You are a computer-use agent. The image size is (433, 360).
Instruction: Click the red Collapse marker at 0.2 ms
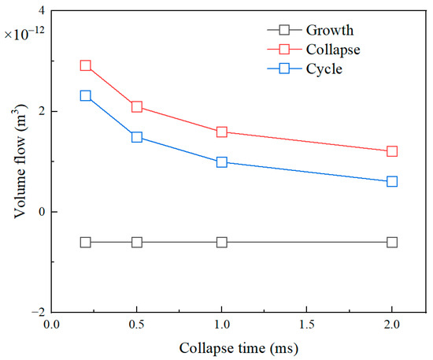click(x=85, y=65)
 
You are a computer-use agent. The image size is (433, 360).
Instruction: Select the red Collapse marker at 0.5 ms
click(x=136, y=106)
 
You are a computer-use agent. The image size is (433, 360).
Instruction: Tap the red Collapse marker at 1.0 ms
click(x=221, y=132)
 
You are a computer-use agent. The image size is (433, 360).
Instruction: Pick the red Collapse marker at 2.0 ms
click(x=391, y=151)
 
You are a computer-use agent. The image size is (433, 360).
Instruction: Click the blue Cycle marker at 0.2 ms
click(x=85, y=95)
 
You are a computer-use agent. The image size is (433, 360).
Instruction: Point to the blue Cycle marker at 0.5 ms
click(x=136, y=137)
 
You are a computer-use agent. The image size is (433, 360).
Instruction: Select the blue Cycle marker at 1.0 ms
click(x=221, y=162)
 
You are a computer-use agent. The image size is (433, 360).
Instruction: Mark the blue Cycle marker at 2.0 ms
click(x=391, y=181)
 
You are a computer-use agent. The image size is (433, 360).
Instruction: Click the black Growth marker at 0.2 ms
click(x=85, y=242)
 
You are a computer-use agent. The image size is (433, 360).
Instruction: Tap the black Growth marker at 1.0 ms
click(x=221, y=242)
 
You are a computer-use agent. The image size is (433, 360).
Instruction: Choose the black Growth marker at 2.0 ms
click(x=391, y=242)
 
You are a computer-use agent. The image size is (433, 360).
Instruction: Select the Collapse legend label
click(x=335, y=50)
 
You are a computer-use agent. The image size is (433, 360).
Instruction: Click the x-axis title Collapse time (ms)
click(x=239, y=347)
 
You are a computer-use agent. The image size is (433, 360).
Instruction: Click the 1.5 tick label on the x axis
click(x=306, y=323)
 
